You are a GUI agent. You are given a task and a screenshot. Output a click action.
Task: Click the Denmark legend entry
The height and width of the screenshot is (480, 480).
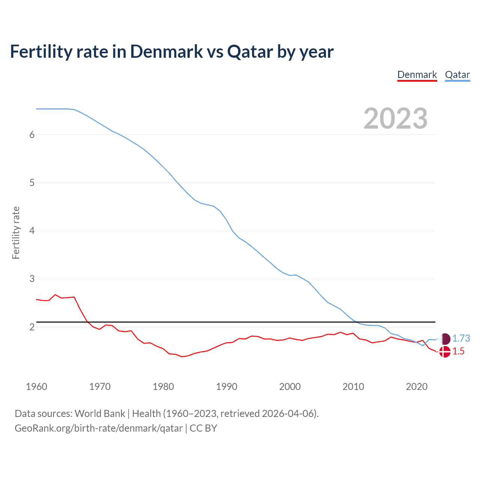417,75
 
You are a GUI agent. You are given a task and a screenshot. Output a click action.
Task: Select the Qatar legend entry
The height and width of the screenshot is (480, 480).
457,75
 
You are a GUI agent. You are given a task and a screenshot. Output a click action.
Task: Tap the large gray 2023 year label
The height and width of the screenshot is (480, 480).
396,118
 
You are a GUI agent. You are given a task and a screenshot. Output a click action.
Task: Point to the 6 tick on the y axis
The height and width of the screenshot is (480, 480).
32,135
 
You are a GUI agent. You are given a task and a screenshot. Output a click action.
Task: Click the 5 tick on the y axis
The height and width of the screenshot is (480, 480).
32,183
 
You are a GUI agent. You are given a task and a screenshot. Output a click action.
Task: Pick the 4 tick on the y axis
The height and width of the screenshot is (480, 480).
32,231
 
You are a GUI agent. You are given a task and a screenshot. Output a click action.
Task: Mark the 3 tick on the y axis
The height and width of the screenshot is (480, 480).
32,279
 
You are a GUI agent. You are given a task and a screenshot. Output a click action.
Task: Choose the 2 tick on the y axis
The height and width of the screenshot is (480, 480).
32,327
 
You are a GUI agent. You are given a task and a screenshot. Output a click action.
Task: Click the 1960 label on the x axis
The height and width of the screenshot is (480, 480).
36,387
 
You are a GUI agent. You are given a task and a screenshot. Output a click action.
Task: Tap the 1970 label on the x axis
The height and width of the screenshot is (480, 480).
100,387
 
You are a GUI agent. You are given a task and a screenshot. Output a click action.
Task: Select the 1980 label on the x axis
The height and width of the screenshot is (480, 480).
163,387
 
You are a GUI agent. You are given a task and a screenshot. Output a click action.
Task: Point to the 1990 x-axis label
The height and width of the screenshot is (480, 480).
226,387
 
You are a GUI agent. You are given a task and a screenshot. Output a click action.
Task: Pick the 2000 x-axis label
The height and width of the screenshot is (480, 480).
290,387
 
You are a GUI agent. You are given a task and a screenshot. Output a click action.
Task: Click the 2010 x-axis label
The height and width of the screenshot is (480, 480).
353,387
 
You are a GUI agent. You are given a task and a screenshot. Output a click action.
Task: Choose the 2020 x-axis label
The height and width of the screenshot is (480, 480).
417,387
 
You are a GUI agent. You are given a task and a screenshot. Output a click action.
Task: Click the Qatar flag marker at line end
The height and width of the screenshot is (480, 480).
445,339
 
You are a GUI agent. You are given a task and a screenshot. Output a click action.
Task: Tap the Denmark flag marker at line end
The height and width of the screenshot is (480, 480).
445,352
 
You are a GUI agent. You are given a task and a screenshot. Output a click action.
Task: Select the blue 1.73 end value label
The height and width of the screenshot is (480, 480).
461,339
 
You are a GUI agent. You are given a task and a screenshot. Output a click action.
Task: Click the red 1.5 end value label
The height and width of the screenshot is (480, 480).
458,351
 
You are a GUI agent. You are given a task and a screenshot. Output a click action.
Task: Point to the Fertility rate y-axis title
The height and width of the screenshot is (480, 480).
16,232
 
